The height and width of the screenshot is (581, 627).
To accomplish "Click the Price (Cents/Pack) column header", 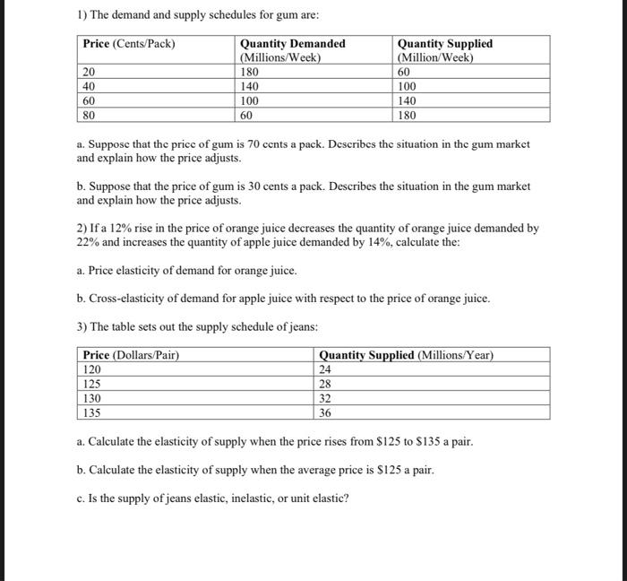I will pyautogui.click(x=129, y=44).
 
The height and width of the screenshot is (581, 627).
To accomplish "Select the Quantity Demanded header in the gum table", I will pyautogui.click(x=292, y=50).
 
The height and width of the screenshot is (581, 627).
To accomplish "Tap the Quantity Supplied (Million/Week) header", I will pyautogui.click(x=444, y=50).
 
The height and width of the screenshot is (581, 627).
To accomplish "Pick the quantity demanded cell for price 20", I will pyautogui.click(x=251, y=72).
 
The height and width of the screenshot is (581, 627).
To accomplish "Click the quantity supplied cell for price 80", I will pyautogui.click(x=408, y=116).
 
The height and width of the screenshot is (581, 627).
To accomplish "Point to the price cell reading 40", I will pyautogui.click(x=90, y=87).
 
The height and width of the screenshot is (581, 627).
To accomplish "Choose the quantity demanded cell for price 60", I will pyautogui.click(x=252, y=101).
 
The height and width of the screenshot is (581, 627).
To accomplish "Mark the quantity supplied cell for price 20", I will pyautogui.click(x=405, y=72).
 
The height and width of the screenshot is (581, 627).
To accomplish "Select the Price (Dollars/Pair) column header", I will pyautogui.click(x=131, y=355).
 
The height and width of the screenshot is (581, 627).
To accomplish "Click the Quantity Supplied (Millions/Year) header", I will pyautogui.click(x=406, y=355).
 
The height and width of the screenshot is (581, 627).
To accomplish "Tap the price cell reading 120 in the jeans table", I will pyautogui.click(x=92, y=369).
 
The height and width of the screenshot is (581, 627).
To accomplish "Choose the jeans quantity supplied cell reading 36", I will pyautogui.click(x=326, y=413).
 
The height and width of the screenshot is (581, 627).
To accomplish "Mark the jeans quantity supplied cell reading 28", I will pyautogui.click(x=326, y=384).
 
